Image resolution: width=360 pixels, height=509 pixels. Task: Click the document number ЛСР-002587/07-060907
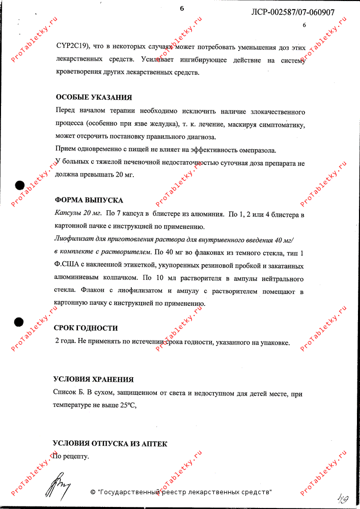(293, 12)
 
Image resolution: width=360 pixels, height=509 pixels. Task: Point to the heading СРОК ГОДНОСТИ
(86, 328)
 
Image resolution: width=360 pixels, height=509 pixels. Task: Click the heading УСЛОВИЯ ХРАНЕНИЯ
(94, 379)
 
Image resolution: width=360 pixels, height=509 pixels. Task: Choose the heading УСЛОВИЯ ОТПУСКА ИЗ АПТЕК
(110, 444)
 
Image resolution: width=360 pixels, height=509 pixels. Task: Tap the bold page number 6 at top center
(182, 8)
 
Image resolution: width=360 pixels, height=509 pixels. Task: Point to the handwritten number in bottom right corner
(343, 496)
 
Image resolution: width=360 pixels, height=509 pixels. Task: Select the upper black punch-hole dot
(19, 186)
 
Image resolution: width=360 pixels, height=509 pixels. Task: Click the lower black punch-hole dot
(19, 321)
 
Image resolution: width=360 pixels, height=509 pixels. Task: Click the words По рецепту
(71, 457)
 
